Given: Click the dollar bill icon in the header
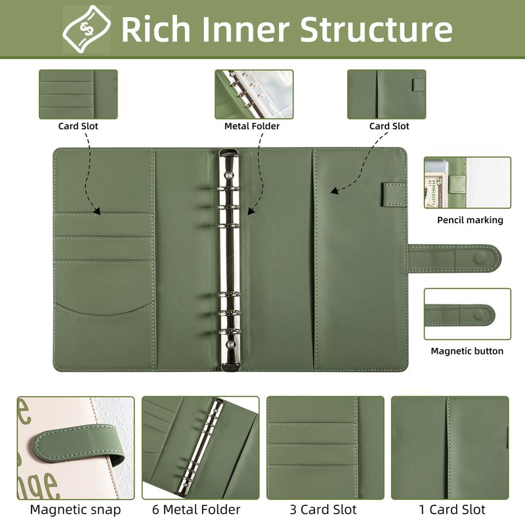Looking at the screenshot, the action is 87,29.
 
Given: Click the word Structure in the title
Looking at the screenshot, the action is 376,29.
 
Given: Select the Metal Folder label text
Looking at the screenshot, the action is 252,126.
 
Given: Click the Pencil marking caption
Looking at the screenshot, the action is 470,220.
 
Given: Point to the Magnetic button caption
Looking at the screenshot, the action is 467,351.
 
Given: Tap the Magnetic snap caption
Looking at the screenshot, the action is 75,510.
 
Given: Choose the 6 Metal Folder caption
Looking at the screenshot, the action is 196,510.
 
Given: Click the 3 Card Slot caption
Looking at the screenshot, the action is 323,510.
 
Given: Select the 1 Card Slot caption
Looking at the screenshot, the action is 452,510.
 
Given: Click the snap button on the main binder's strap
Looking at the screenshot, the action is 481,258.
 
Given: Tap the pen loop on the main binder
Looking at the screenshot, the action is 394,194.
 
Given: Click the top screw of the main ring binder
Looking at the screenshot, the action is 229,175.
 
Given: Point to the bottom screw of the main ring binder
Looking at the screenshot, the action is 229,345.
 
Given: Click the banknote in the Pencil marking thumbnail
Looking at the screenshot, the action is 431,191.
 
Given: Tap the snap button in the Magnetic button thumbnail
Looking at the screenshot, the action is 480,314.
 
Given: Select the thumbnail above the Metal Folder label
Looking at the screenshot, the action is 254,94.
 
